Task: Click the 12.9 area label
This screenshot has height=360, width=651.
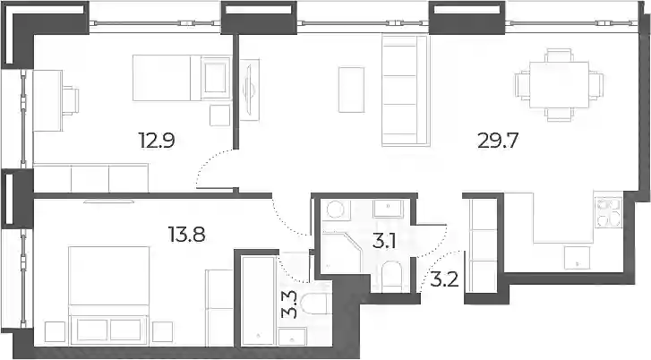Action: click(157, 141)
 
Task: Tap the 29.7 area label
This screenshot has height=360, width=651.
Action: click(498, 141)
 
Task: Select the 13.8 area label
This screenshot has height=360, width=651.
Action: click(186, 235)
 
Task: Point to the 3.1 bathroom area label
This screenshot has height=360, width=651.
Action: click(383, 242)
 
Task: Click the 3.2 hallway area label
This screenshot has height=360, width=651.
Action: click(444, 279)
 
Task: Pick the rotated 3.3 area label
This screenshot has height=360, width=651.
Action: click(289, 304)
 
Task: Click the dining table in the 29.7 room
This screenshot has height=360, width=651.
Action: click(560, 85)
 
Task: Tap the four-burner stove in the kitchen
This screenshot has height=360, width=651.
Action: click(608, 212)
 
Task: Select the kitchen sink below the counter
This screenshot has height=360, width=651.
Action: click(577, 258)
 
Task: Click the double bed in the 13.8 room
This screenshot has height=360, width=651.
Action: click(109, 296)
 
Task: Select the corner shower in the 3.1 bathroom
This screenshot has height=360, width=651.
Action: click(342, 252)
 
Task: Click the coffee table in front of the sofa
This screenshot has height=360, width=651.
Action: click(351, 90)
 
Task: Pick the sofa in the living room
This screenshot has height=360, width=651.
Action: click(405, 91)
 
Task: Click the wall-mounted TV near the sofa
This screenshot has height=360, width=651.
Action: click(249, 90)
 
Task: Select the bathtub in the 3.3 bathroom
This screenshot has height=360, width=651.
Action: click(258, 301)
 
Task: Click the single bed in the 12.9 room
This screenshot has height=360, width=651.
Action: click(182, 77)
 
